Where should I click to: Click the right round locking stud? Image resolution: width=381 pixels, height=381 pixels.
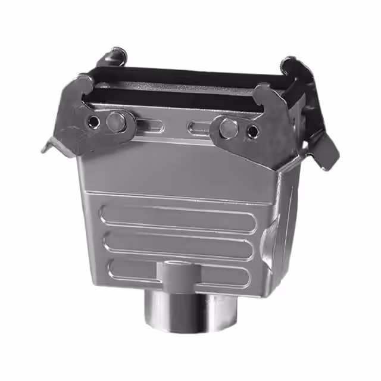(227, 127)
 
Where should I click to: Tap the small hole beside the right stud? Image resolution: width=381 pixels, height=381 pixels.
(252, 131)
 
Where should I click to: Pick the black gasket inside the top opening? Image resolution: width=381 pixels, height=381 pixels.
(179, 89)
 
